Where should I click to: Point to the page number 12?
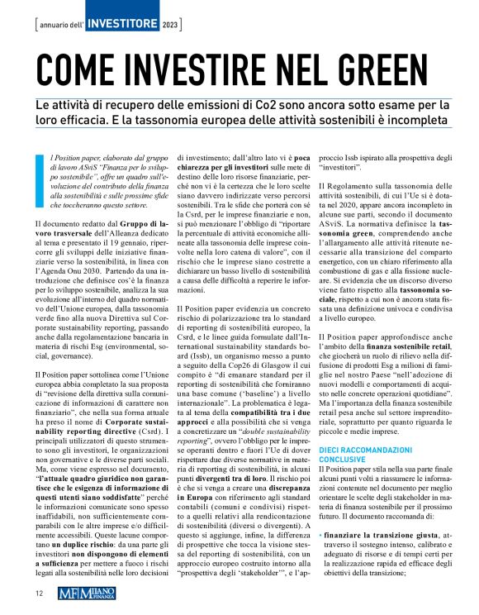[39, 593]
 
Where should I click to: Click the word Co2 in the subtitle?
[303, 106]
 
